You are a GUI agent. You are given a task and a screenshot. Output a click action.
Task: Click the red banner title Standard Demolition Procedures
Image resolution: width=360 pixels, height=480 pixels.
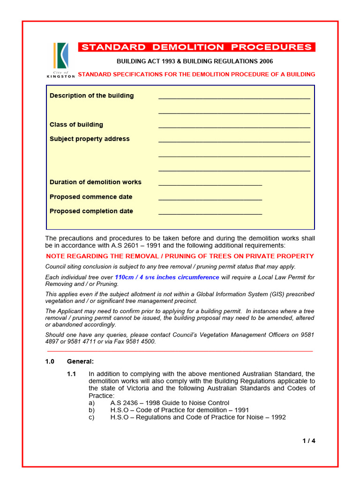(196, 47)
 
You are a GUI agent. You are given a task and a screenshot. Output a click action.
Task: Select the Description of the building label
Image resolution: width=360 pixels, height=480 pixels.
(91, 96)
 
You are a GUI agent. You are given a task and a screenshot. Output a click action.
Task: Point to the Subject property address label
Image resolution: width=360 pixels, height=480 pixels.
(90, 139)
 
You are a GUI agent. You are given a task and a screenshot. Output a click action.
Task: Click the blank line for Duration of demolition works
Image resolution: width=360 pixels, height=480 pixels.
(210, 183)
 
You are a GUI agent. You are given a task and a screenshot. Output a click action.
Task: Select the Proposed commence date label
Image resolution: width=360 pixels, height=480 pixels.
(91, 197)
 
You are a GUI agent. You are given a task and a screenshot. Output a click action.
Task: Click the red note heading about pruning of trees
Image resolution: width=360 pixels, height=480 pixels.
(180, 256)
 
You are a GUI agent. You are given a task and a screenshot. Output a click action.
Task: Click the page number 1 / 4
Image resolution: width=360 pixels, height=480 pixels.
(309, 441)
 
